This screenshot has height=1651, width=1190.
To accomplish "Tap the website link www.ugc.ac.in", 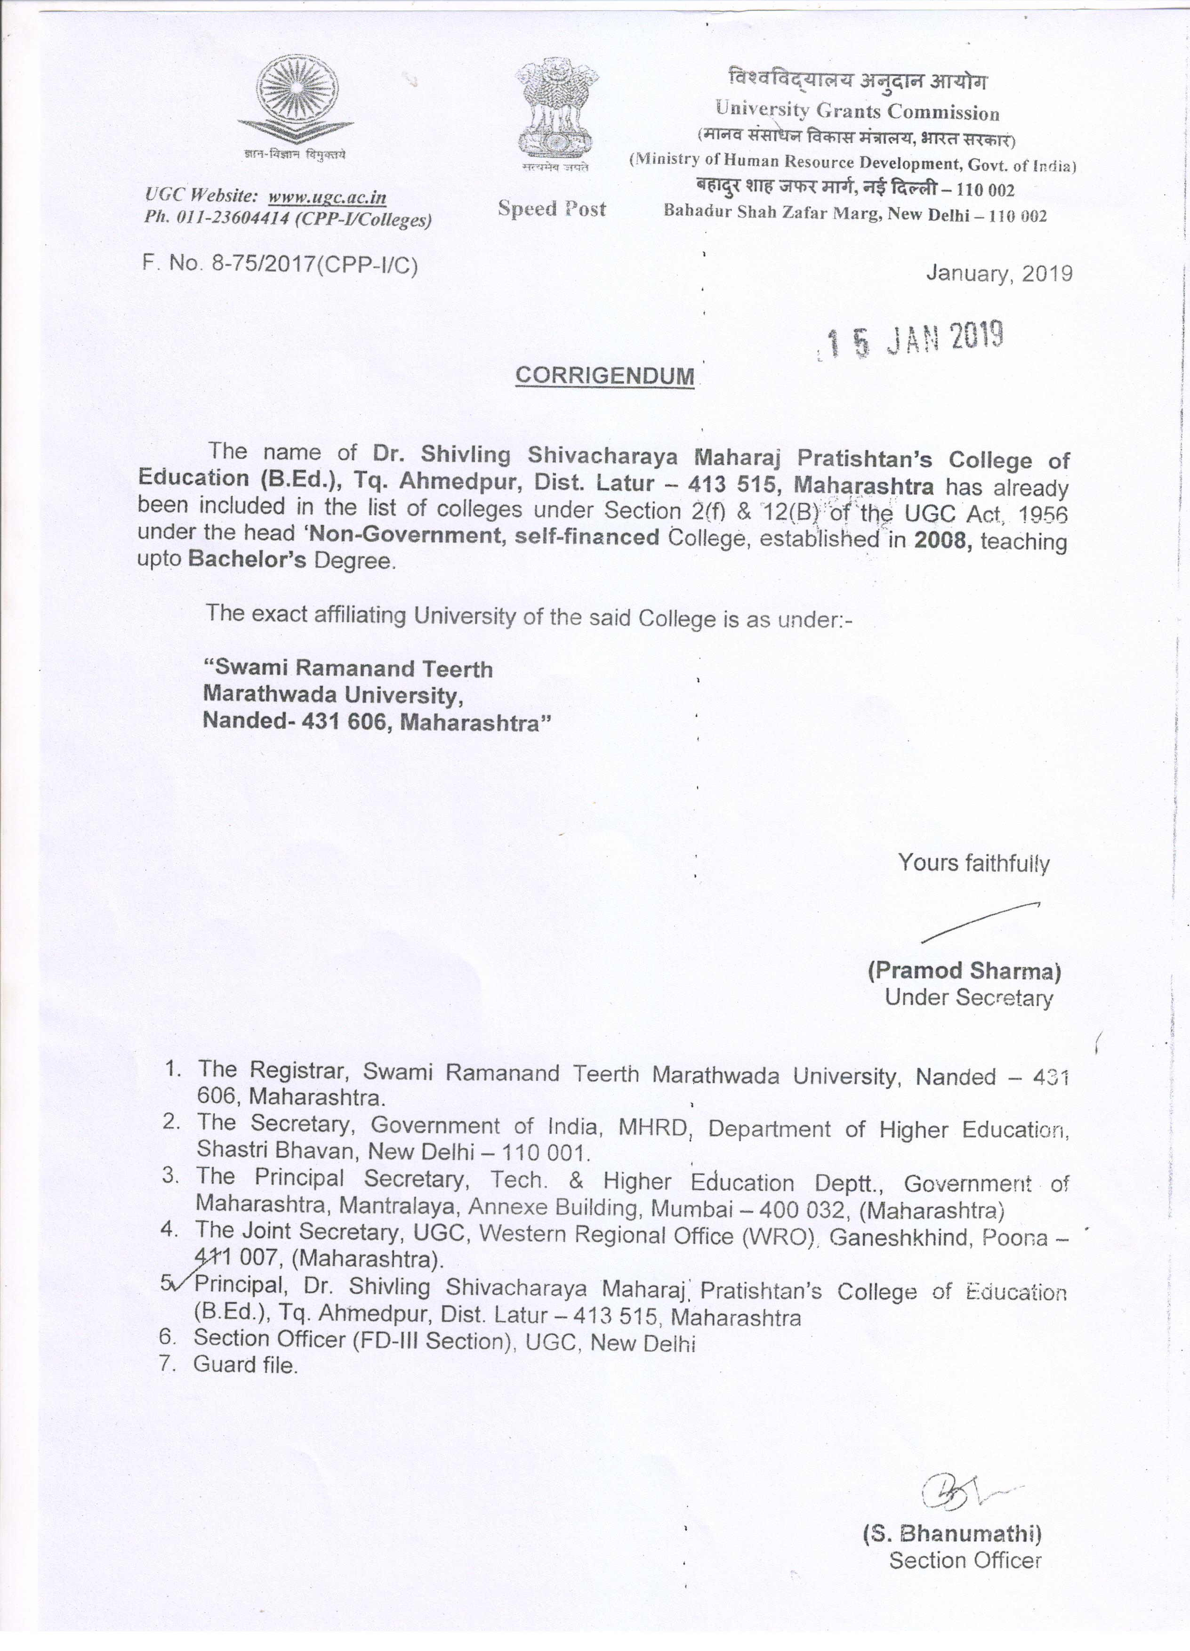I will pyautogui.click(x=327, y=197).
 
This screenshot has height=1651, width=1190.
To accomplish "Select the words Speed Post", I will pyautogui.click(x=552, y=209).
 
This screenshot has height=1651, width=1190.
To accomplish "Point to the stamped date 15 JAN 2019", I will pyautogui.click(x=913, y=340).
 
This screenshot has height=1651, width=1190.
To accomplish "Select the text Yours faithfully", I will pyautogui.click(x=973, y=863).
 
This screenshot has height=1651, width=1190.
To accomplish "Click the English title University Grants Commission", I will pyautogui.click(x=857, y=112).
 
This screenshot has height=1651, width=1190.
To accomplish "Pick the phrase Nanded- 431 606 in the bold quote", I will pyautogui.click(x=288, y=723).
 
